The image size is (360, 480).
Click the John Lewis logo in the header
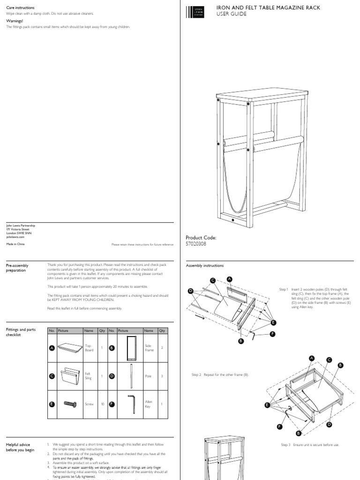point(194,12)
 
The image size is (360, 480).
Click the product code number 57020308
point(196,244)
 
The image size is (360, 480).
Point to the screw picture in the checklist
point(70,404)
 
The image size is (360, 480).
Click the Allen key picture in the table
point(131,403)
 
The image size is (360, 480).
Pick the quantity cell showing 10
point(102,404)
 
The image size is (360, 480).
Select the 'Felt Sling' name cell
point(88,376)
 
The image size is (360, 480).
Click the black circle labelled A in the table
point(52,348)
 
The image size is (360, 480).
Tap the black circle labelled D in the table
point(112,376)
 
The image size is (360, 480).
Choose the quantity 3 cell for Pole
point(162,376)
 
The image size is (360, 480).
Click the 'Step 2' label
point(196,375)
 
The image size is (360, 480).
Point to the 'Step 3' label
point(285,445)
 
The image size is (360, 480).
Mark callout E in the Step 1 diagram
point(273,322)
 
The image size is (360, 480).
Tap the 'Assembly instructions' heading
point(205,266)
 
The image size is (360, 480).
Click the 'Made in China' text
point(15,244)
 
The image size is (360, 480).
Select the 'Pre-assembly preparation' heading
point(17,268)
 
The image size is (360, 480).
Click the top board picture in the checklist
point(70,348)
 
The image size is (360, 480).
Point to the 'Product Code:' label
point(201,238)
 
